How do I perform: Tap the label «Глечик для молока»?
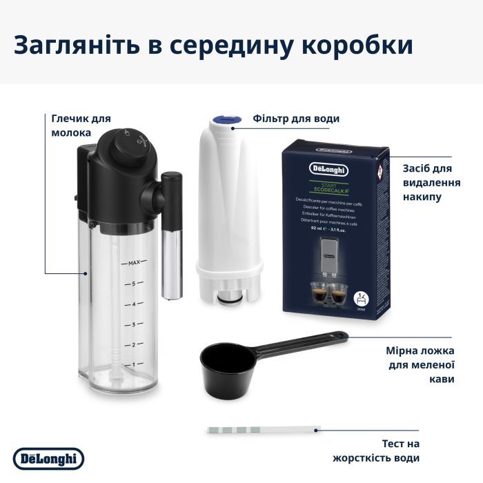point(81,126)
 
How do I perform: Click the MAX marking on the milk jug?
point(134,263)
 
